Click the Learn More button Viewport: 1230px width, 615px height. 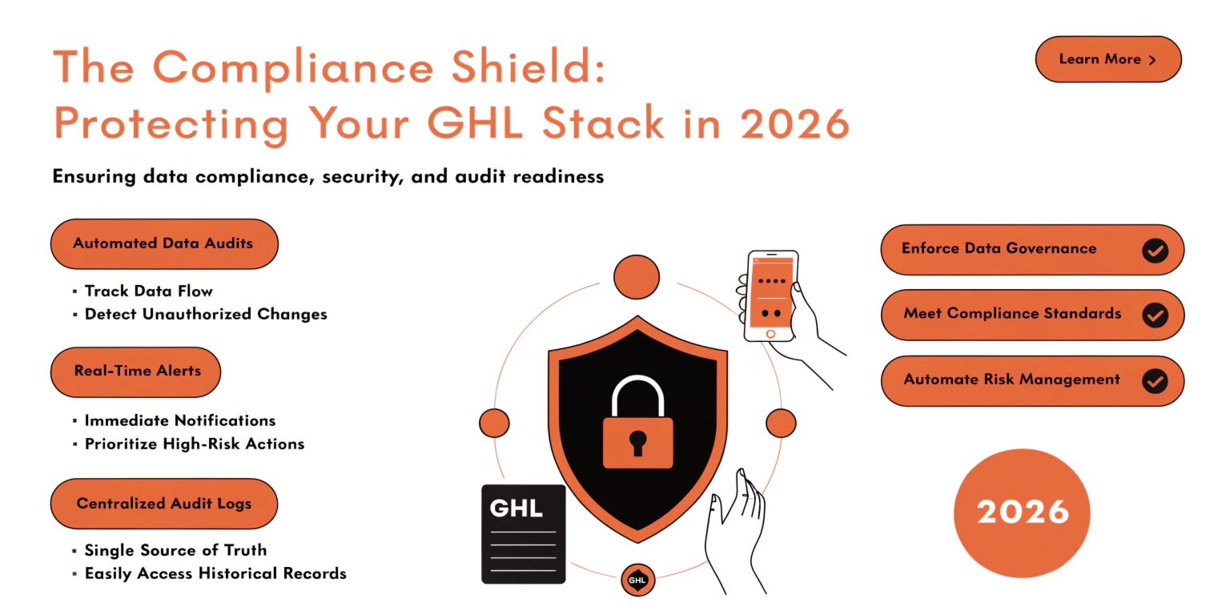(1107, 59)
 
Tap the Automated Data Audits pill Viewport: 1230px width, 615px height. (163, 243)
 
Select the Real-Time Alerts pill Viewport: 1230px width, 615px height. (136, 372)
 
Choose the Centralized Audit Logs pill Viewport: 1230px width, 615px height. (163, 504)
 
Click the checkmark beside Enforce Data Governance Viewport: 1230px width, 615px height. (1155, 250)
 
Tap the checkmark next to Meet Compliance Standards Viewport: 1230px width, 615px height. (1155, 315)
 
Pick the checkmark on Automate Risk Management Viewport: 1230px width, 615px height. (1155, 380)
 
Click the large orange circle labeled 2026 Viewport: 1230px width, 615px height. (1023, 512)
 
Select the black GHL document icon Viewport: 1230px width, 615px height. (523, 534)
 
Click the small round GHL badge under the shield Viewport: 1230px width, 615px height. (638, 580)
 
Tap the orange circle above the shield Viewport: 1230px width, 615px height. (637, 277)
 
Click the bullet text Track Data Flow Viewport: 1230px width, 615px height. (149, 291)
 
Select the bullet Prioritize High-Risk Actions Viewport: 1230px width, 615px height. (195, 444)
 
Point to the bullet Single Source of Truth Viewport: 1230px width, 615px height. (175, 550)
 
